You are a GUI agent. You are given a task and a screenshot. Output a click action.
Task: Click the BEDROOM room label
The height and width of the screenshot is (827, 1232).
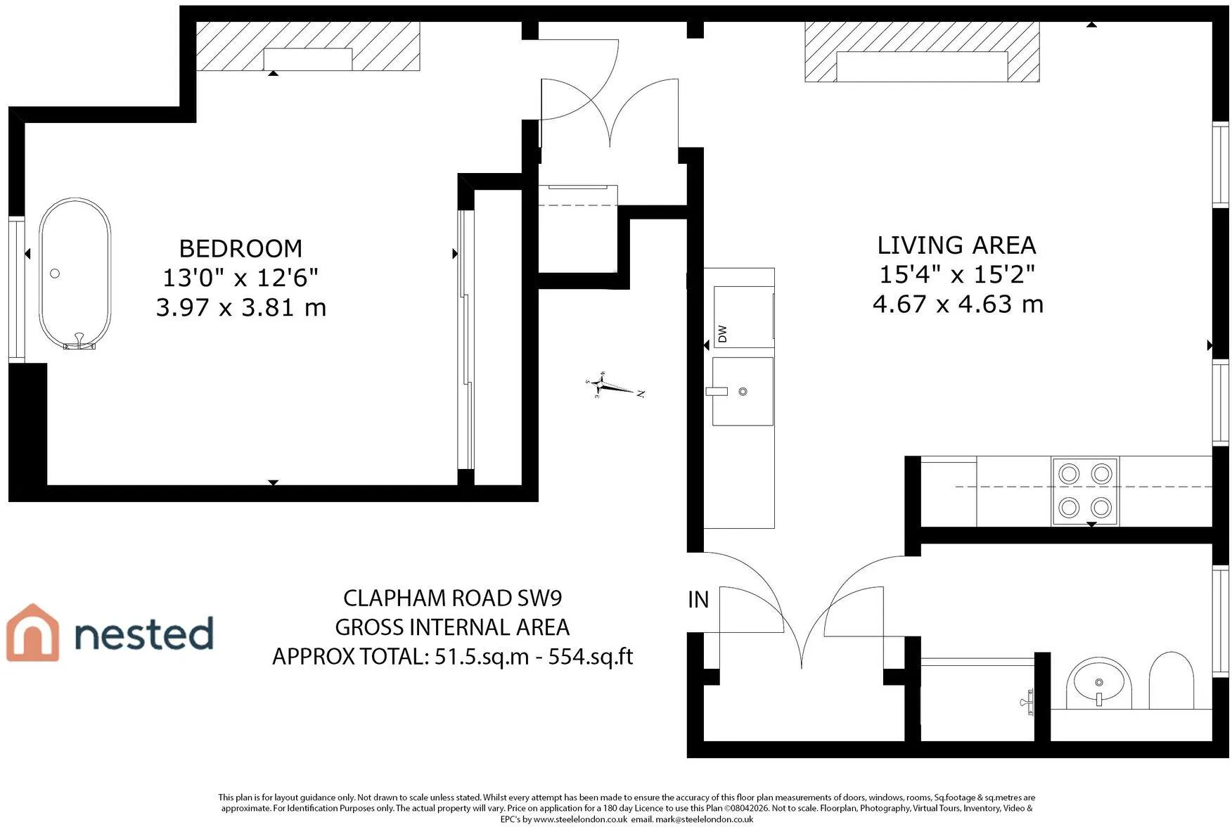pyautogui.click(x=240, y=248)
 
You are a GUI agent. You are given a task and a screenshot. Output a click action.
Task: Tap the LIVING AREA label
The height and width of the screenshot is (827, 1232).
pyautogui.click(x=956, y=245)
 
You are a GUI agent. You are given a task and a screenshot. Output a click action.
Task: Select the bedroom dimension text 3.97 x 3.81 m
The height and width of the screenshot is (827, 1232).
pyautogui.click(x=240, y=307)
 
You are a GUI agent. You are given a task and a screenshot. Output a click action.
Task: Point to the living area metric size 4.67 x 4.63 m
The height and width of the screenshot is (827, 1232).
pyautogui.click(x=958, y=304)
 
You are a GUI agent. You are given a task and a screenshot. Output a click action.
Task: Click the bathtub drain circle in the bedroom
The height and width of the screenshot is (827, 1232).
pyautogui.click(x=55, y=274)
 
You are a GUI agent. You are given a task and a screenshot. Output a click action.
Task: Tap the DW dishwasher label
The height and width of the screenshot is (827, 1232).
pyautogui.click(x=722, y=334)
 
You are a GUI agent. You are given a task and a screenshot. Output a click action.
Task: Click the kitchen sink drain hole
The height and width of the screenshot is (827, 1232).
pyautogui.click(x=743, y=392)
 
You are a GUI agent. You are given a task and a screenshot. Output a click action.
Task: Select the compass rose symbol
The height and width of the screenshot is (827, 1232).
pyautogui.click(x=614, y=385)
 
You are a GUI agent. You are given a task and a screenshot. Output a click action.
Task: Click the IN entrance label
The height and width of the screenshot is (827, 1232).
pyautogui.click(x=698, y=599)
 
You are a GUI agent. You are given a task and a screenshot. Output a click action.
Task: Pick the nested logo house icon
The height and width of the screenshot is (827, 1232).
pyautogui.click(x=32, y=633)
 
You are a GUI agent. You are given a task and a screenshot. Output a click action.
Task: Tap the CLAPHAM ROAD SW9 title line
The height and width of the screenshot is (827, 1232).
pyautogui.click(x=453, y=598)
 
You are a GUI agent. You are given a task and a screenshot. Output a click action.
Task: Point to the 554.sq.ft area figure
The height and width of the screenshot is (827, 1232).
pyautogui.click(x=591, y=656)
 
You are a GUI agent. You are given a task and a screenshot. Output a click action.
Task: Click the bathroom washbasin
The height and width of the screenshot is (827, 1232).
pyautogui.click(x=1099, y=683)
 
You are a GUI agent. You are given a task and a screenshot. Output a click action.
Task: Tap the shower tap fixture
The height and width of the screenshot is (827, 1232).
pyautogui.click(x=1027, y=702)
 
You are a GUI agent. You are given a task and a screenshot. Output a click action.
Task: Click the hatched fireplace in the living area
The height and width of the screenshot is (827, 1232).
pyautogui.click(x=922, y=51)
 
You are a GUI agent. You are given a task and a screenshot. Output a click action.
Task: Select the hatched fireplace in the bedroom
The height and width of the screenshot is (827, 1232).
pyautogui.click(x=307, y=46)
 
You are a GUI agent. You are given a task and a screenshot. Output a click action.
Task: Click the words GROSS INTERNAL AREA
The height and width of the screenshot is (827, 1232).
pyautogui.click(x=453, y=627)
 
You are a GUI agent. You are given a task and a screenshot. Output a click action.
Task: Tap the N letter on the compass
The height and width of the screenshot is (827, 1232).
pyautogui.click(x=641, y=394)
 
